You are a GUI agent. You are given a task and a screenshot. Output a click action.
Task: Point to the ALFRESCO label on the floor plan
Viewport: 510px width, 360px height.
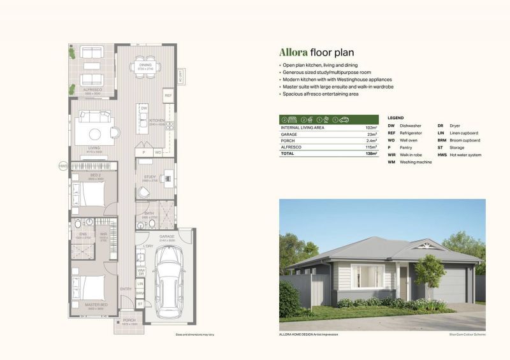(92, 90)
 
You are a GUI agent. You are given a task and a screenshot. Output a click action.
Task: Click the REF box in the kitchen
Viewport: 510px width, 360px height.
(168, 96)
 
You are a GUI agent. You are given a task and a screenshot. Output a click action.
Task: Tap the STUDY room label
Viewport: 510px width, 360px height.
(150, 176)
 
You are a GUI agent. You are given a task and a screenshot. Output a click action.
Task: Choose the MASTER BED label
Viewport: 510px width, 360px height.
(95, 305)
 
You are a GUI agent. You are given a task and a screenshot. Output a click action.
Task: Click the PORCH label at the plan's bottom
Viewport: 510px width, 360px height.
(129, 320)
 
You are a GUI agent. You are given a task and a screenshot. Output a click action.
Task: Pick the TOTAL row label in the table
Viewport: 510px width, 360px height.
(289, 154)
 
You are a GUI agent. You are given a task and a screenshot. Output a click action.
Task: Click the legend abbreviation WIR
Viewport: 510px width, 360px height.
(391, 155)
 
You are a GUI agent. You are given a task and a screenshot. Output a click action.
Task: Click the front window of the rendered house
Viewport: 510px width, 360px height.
(368, 276)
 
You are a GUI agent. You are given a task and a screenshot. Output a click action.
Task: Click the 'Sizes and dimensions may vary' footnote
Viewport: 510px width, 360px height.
(194, 335)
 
